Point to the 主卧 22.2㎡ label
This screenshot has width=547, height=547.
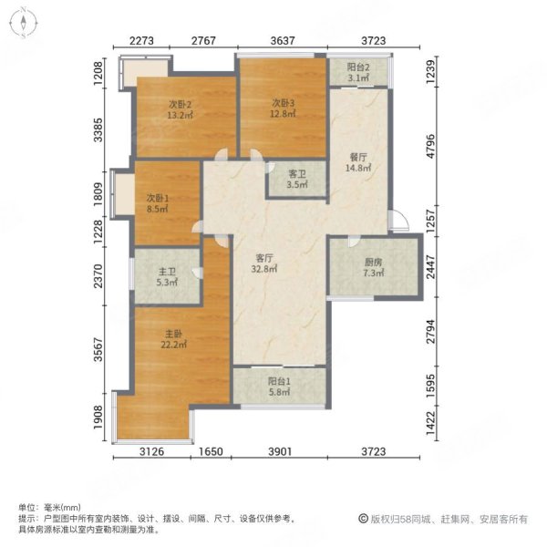[177, 339]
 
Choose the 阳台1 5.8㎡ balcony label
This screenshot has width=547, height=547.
[279, 387]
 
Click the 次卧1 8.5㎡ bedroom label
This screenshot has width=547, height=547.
[159, 201]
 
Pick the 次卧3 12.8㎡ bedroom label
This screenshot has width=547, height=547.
[284, 108]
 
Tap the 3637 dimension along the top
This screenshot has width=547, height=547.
[283, 39]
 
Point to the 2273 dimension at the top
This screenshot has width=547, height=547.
[142, 39]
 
